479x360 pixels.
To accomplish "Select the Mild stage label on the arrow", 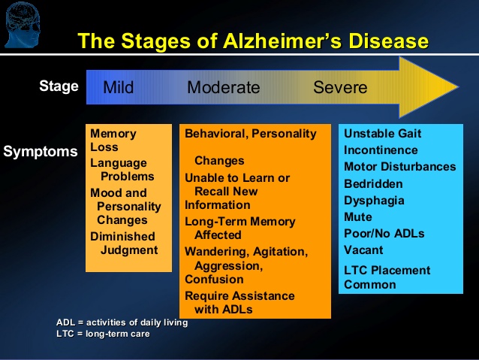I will (119, 87).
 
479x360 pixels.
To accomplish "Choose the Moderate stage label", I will (223, 87).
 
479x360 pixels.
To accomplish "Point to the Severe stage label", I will (340, 87).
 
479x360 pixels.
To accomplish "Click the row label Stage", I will (59, 86).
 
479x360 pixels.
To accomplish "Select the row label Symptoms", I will (41, 152).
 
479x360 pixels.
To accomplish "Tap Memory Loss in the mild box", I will (113, 141).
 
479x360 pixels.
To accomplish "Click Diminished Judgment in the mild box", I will (124, 244).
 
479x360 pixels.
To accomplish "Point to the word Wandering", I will (217, 251).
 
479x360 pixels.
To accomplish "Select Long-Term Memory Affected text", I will (239, 228).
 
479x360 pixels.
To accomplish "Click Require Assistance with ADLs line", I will (239, 302).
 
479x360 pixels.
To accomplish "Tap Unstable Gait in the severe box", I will (382, 134).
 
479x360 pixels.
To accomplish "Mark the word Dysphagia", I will (374, 201).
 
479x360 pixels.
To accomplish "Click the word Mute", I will (359, 217).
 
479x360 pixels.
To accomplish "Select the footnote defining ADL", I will (122, 322).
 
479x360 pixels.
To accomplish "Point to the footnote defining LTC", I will (103, 333).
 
